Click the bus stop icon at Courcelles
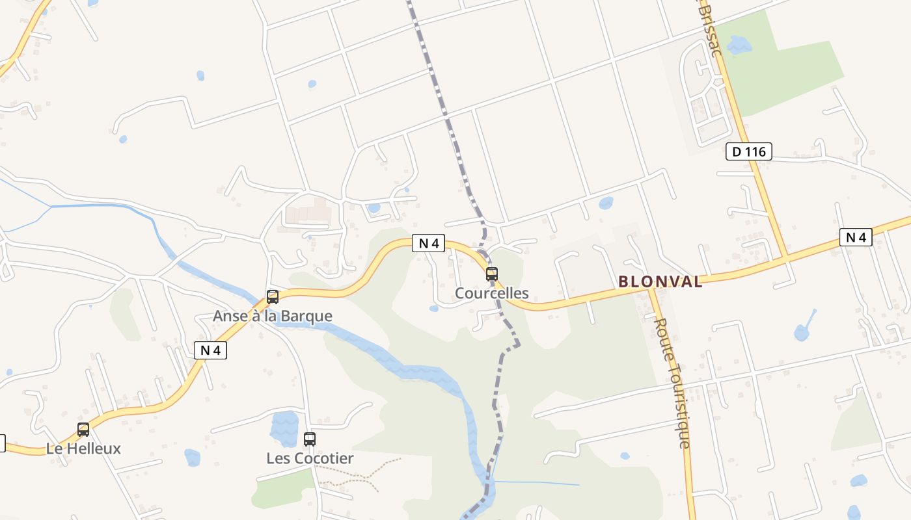pos(492,274)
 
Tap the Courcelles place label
pos(492,293)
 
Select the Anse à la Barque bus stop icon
pos(273,297)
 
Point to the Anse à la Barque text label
pos(273,317)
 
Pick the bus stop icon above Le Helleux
pos(83,429)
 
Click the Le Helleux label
pos(83,448)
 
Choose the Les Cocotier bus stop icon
pos(310,439)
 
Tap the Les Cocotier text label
pos(310,458)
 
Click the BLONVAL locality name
pos(660,281)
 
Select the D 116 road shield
pos(748,152)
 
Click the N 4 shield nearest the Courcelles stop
pos(429,244)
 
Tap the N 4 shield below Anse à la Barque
pos(210,350)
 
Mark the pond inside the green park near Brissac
pos(739,45)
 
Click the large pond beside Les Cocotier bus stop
pos(284,428)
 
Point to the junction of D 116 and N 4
pos(785,259)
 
